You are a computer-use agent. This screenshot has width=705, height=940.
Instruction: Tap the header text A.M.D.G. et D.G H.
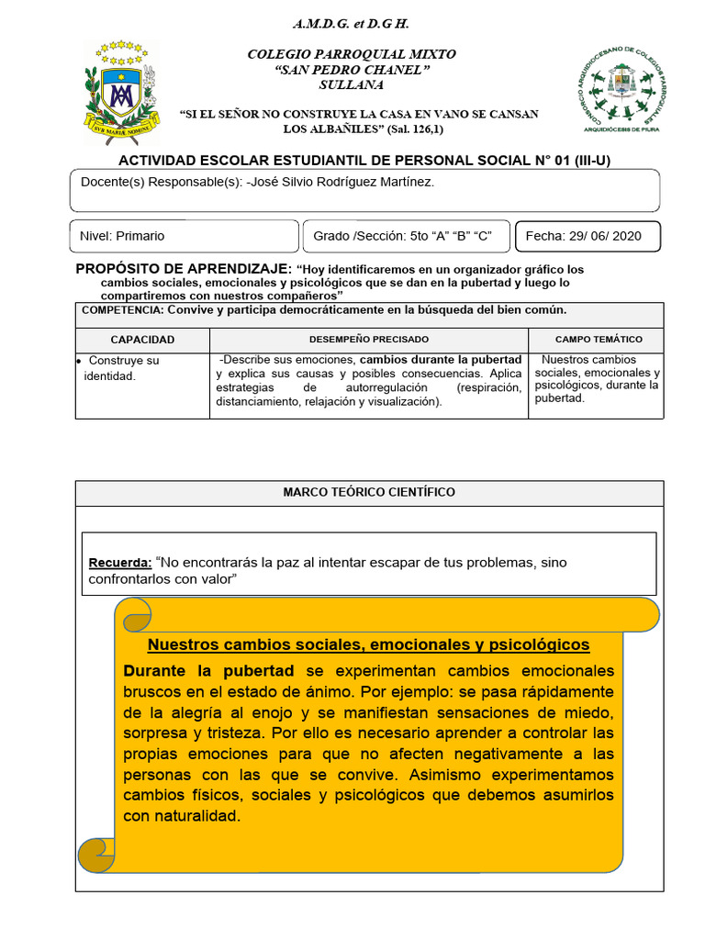(x=351, y=23)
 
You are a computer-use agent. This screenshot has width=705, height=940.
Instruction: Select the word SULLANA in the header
(x=351, y=84)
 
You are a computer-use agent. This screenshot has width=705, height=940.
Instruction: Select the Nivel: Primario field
(x=123, y=236)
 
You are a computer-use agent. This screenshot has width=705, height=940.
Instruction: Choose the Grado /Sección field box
(x=403, y=236)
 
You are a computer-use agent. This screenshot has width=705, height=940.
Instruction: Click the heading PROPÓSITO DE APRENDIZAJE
(x=182, y=268)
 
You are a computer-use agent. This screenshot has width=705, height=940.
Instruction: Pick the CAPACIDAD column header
(x=142, y=340)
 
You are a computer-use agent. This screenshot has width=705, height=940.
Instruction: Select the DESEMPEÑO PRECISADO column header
(x=368, y=340)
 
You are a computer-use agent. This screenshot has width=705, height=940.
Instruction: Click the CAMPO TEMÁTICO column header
(x=599, y=340)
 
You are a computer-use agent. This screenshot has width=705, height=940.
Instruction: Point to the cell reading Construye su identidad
(x=122, y=368)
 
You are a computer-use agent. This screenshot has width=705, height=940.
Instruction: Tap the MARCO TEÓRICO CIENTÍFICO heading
(x=369, y=492)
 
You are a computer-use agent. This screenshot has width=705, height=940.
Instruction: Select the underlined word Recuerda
(x=119, y=562)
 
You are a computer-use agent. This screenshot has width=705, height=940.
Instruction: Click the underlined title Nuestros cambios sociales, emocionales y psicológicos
(x=368, y=644)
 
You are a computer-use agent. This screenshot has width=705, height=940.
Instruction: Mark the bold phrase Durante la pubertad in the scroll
(x=208, y=670)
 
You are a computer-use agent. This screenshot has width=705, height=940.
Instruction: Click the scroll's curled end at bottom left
(x=97, y=856)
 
